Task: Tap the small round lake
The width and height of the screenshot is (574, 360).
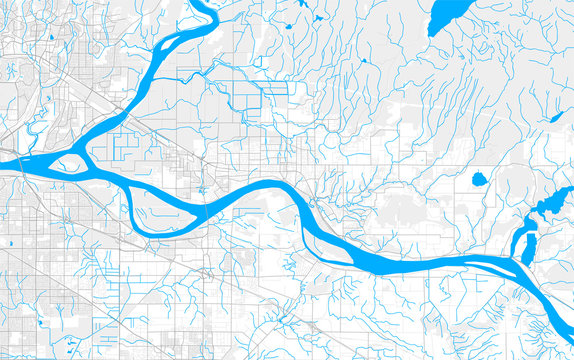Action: (478, 181)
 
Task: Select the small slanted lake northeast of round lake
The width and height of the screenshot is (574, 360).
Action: (555, 118)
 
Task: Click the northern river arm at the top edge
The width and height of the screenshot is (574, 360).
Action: (205, 6)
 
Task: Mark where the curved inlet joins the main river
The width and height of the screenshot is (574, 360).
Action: (521, 264)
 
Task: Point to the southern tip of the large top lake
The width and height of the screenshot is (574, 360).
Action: (433, 34)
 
